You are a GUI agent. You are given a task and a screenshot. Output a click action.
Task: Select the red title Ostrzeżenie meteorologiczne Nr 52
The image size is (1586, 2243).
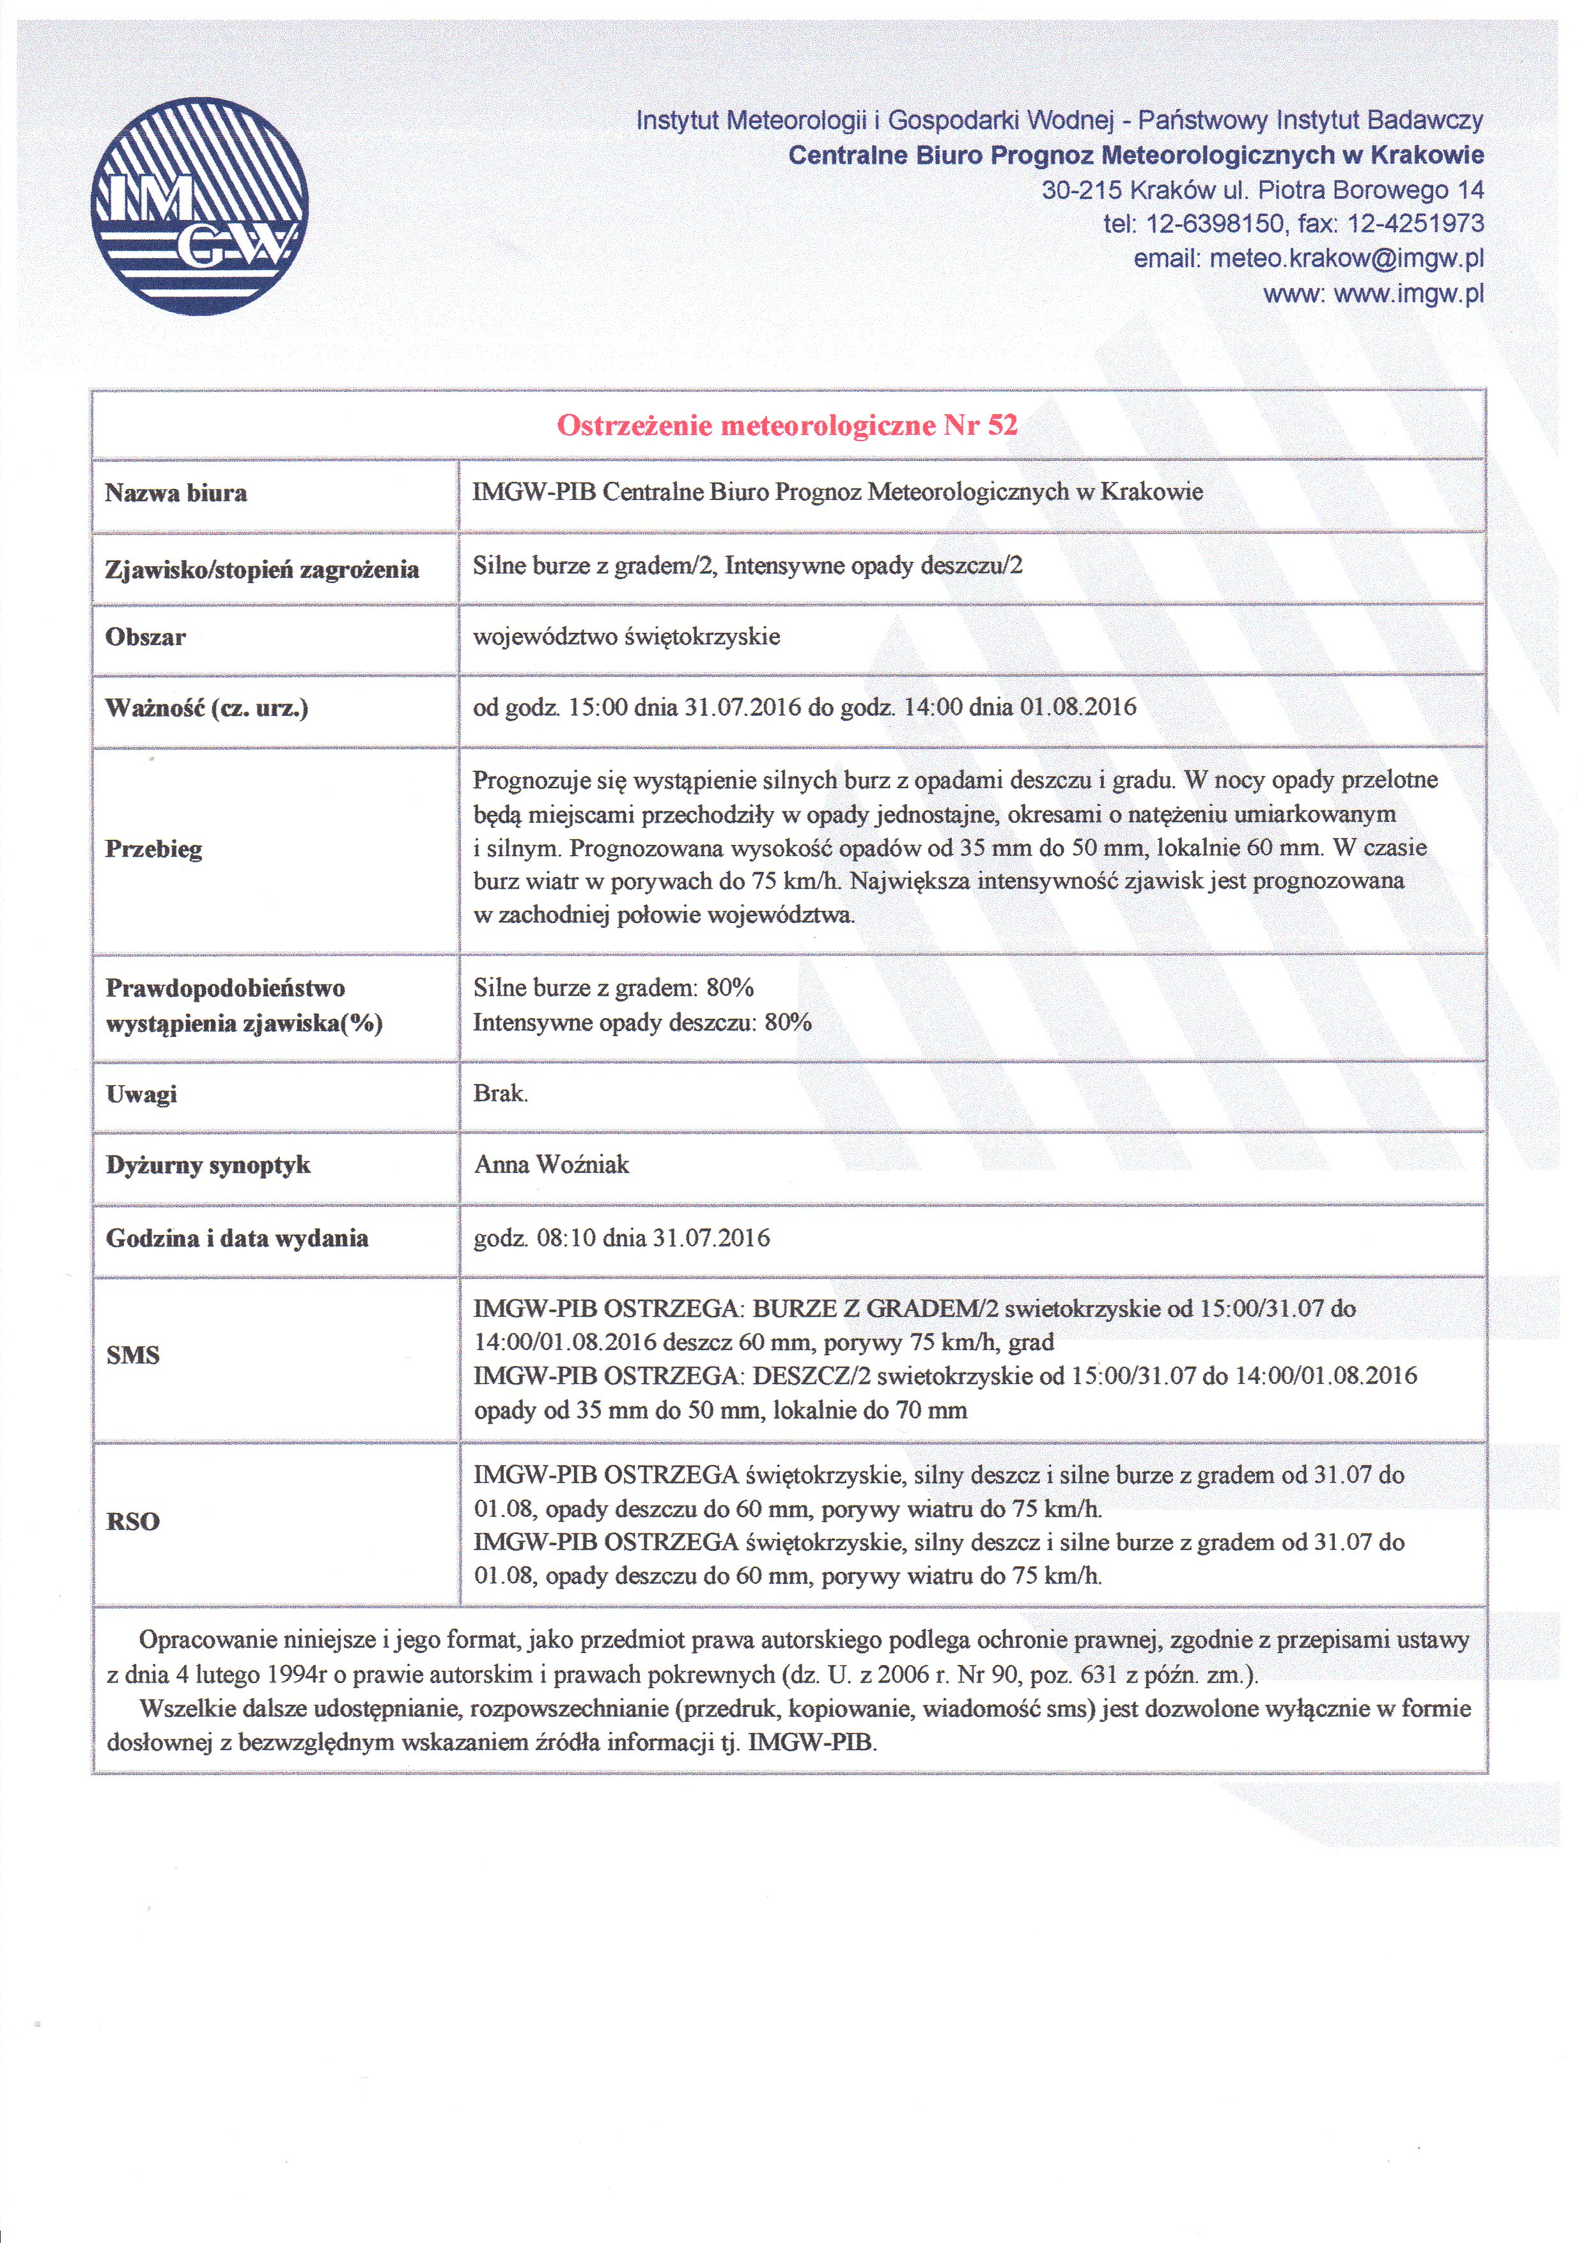click(x=787, y=425)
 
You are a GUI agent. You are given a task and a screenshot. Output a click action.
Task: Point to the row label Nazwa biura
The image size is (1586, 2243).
click(x=176, y=493)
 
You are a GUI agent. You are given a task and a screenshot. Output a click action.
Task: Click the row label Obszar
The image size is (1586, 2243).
click(x=146, y=637)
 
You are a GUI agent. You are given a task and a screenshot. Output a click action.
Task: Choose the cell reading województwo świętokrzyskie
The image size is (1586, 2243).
click(x=626, y=637)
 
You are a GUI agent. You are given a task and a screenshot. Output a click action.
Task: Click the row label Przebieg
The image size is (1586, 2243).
click(x=153, y=849)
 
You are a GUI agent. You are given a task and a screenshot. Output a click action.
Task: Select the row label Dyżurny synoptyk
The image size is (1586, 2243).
click(x=208, y=1165)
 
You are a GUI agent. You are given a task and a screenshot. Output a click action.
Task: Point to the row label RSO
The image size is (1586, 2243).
click(x=133, y=1521)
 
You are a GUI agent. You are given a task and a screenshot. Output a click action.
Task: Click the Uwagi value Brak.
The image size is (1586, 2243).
click(x=501, y=1093)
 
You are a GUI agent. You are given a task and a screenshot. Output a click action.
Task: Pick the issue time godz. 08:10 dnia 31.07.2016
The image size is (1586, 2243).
click(x=621, y=1239)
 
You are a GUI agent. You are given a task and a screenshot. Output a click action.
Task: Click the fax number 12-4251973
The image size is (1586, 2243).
click(x=1415, y=224)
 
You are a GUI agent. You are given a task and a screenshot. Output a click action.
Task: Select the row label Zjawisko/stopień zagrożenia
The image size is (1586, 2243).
click(x=262, y=570)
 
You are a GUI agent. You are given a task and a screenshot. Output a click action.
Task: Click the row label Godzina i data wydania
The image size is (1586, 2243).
click(x=237, y=1239)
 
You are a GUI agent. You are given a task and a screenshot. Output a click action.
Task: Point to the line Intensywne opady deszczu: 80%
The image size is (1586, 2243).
click(x=642, y=1023)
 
